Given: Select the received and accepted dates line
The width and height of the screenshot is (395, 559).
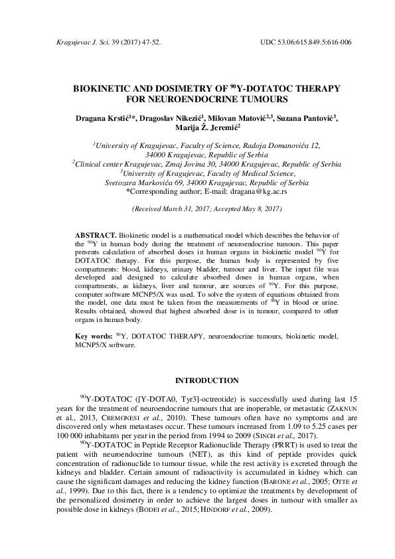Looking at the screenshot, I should pos(197,208).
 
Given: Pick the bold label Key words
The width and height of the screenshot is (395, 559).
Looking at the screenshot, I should pos(93,336).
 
